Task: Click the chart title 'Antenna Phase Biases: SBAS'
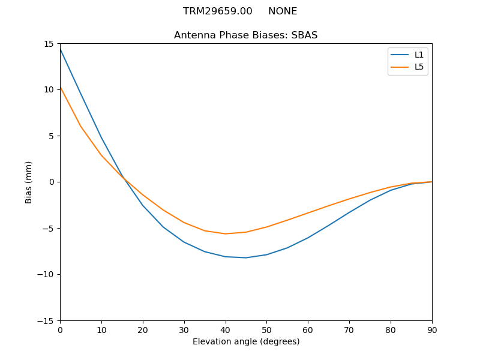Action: click(x=245, y=35)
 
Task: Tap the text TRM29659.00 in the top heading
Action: click(x=218, y=11)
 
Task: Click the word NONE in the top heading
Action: click(x=283, y=11)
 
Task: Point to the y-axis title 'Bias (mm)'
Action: click(x=29, y=182)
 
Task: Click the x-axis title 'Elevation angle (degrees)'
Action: click(x=245, y=342)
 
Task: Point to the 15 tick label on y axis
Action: click(x=49, y=44)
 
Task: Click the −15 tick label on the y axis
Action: click(x=46, y=320)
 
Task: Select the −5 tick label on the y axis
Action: click(x=49, y=228)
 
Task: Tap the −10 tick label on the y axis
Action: click(x=46, y=274)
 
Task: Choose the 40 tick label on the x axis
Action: click(x=225, y=329)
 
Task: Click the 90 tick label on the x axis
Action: click(x=431, y=329)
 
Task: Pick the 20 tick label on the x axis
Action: click(x=143, y=329)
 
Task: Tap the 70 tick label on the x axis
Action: click(x=349, y=329)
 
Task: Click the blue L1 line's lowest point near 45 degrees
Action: click(x=246, y=257)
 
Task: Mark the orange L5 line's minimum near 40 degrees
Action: click(x=225, y=234)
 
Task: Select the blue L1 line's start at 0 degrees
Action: click(x=61, y=49)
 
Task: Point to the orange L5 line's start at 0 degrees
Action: click(x=61, y=87)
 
